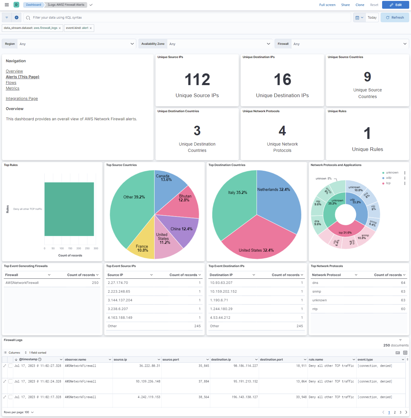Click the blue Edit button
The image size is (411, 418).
pyautogui.click(x=395, y=5)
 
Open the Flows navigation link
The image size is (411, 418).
pyautogui.click(x=11, y=83)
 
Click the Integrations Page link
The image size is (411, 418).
pyautogui.click(x=22, y=99)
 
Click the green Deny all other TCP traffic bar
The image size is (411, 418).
pyautogui.click(x=69, y=209)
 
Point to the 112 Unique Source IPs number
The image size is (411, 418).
pyautogui.click(x=197, y=80)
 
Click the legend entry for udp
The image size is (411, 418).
pyautogui.click(x=389, y=178)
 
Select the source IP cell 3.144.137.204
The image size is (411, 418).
pyautogui.click(x=120, y=300)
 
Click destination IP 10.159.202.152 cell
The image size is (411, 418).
pyautogui.click(x=223, y=291)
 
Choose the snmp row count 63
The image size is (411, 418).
pyautogui.click(x=403, y=291)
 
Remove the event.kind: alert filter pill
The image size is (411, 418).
pyautogui.click(x=91, y=28)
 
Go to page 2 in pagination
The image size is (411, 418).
pyautogui.click(x=395, y=412)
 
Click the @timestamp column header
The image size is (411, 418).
pyautogui.click(x=28, y=359)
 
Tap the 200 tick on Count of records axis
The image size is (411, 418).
pyautogui.click(x=79, y=248)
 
